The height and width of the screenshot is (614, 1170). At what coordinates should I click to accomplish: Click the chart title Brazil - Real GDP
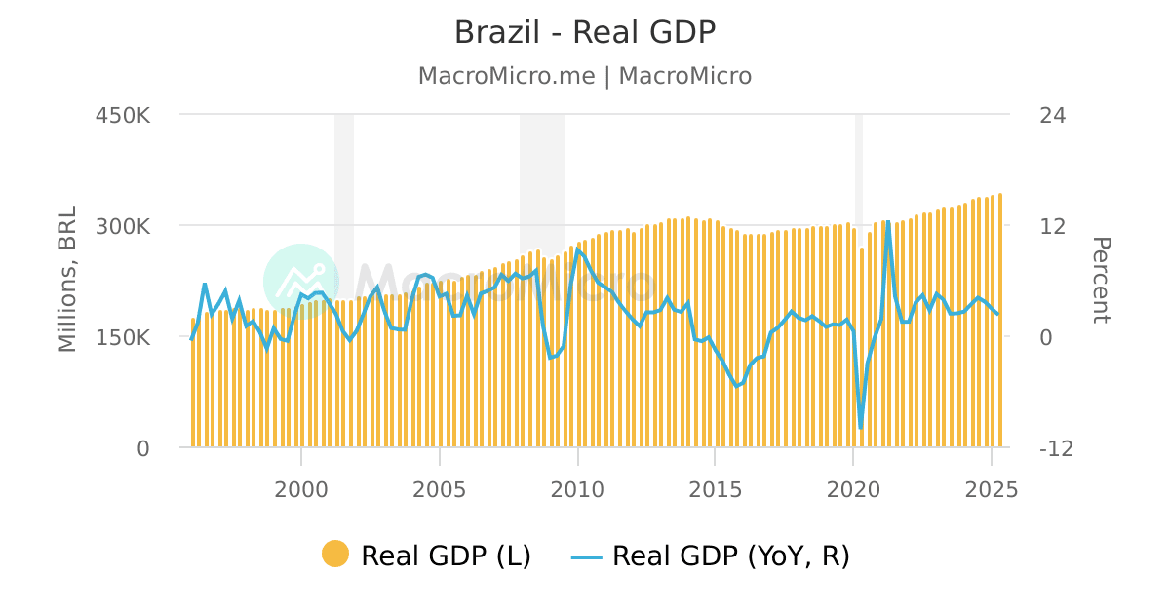click(585, 32)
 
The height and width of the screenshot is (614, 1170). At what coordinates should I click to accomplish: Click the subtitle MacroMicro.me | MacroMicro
click(585, 76)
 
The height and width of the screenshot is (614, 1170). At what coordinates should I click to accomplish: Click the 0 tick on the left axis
click(142, 448)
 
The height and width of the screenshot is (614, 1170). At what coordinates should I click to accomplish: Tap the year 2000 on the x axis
click(300, 488)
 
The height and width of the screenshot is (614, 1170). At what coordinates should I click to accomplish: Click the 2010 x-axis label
click(577, 488)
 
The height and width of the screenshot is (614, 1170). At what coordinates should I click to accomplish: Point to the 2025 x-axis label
click(991, 488)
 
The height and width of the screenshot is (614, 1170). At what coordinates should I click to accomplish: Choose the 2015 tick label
click(715, 488)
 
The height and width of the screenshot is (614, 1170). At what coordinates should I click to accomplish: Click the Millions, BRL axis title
click(66, 279)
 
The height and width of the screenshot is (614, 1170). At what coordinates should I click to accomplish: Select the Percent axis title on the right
click(1101, 280)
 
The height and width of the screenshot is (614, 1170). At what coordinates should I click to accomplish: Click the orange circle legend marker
click(334, 555)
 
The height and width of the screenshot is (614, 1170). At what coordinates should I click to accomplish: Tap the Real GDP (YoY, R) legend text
click(730, 556)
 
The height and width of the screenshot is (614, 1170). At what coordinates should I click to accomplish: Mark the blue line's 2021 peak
click(888, 222)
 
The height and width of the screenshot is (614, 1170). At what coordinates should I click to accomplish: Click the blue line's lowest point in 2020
click(861, 428)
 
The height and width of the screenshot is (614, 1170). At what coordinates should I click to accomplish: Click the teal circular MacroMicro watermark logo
click(300, 282)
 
